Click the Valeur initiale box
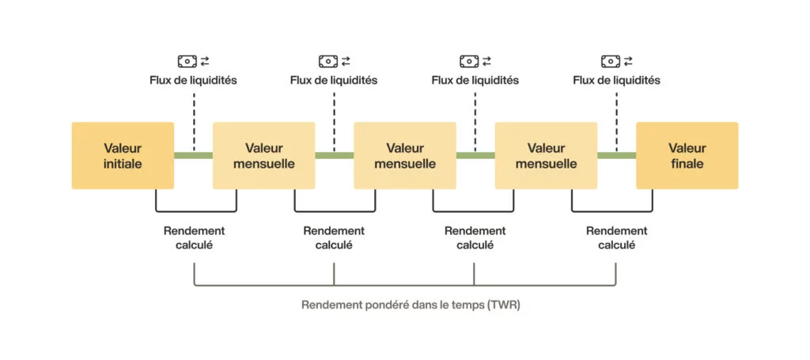(x=123, y=155)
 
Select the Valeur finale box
(x=687, y=155)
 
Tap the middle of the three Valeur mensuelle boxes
(x=404, y=155)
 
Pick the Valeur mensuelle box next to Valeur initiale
(x=263, y=155)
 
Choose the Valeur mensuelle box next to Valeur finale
(x=546, y=155)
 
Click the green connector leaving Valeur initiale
(x=193, y=155)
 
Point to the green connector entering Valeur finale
(x=616, y=155)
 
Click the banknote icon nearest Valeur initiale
(x=187, y=61)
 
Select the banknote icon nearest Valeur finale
(x=610, y=61)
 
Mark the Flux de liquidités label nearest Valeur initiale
(x=193, y=80)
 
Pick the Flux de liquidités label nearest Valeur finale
(x=616, y=80)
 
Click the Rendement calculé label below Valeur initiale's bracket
(x=194, y=237)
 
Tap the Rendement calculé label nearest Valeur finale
(x=616, y=237)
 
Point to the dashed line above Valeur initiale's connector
(x=193, y=119)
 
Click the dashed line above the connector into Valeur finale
(x=616, y=119)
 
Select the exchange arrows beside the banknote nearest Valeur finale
(x=628, y=61)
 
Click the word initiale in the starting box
(x=123, y=165)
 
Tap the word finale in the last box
(x=687, y=165)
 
